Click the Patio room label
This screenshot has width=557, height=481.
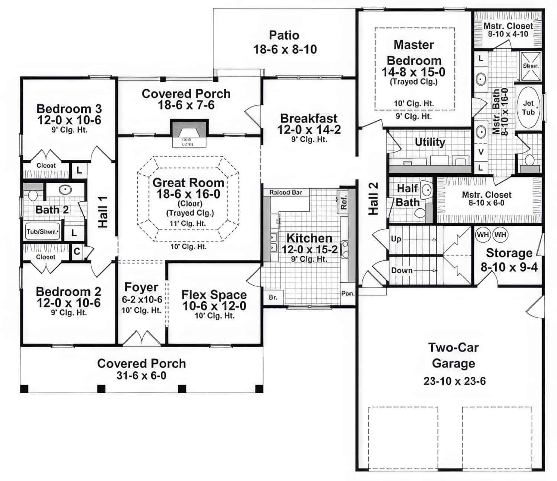pos(284,35)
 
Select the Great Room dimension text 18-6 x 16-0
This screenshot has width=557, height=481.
pos(188,194)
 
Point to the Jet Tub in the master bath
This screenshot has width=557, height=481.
pos(528,107)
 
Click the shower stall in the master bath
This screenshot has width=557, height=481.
pos(531,66)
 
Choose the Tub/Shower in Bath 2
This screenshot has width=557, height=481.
pos(42,232)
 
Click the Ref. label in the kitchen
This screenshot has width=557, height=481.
pos(343,202)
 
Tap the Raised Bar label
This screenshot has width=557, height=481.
pos(286,192)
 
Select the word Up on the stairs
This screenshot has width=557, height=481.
pos(396,239)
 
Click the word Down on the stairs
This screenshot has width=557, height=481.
pos(401,270)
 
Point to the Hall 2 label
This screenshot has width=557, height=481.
pos(373,199)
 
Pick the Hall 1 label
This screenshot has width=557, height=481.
pos(102,212)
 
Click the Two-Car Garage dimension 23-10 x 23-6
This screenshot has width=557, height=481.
pos(455,381)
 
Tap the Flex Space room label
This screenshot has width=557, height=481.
pos(214,295)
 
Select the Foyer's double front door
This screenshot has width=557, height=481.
pos(141,338)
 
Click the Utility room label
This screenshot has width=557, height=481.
pos(430,142)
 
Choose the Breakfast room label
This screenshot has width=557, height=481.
pos(309,118)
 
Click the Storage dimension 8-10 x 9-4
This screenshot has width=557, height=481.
pos(509,267)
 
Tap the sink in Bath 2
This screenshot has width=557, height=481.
pos(65,189)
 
